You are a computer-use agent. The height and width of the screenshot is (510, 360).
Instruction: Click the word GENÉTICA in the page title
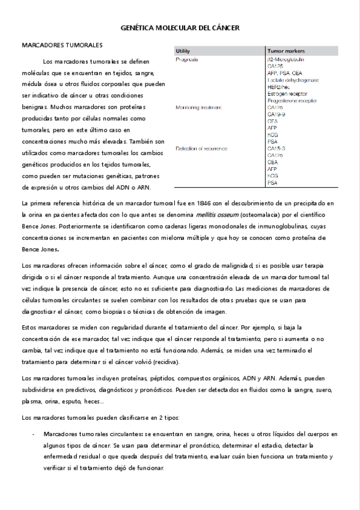139,28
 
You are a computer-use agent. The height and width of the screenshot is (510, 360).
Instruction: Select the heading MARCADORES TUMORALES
62,45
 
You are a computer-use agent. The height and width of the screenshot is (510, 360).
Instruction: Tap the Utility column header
183,52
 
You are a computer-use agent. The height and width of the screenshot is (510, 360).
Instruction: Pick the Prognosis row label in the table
188,60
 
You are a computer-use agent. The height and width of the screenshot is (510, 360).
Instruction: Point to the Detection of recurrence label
201,148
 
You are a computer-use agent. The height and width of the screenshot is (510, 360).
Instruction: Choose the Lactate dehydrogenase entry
293,80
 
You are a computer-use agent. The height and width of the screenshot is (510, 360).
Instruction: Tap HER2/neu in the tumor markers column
279,87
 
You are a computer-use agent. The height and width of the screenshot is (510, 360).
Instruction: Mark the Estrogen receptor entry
287,94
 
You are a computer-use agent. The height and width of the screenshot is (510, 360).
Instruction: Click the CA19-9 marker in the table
276,114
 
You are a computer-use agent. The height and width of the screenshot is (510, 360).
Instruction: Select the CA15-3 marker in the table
276,148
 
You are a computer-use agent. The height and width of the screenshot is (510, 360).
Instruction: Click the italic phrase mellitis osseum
213,214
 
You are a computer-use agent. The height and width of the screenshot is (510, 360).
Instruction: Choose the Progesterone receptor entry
293,101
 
